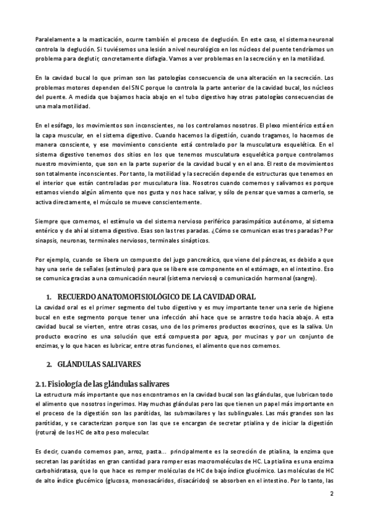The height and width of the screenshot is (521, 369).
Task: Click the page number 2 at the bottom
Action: pyautogui.click(x=331, y=493)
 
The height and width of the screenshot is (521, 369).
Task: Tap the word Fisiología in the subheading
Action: pyautogui.click(x=69, y=384)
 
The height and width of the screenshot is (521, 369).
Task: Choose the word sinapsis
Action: pyautogui.click(x=49, y=243)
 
